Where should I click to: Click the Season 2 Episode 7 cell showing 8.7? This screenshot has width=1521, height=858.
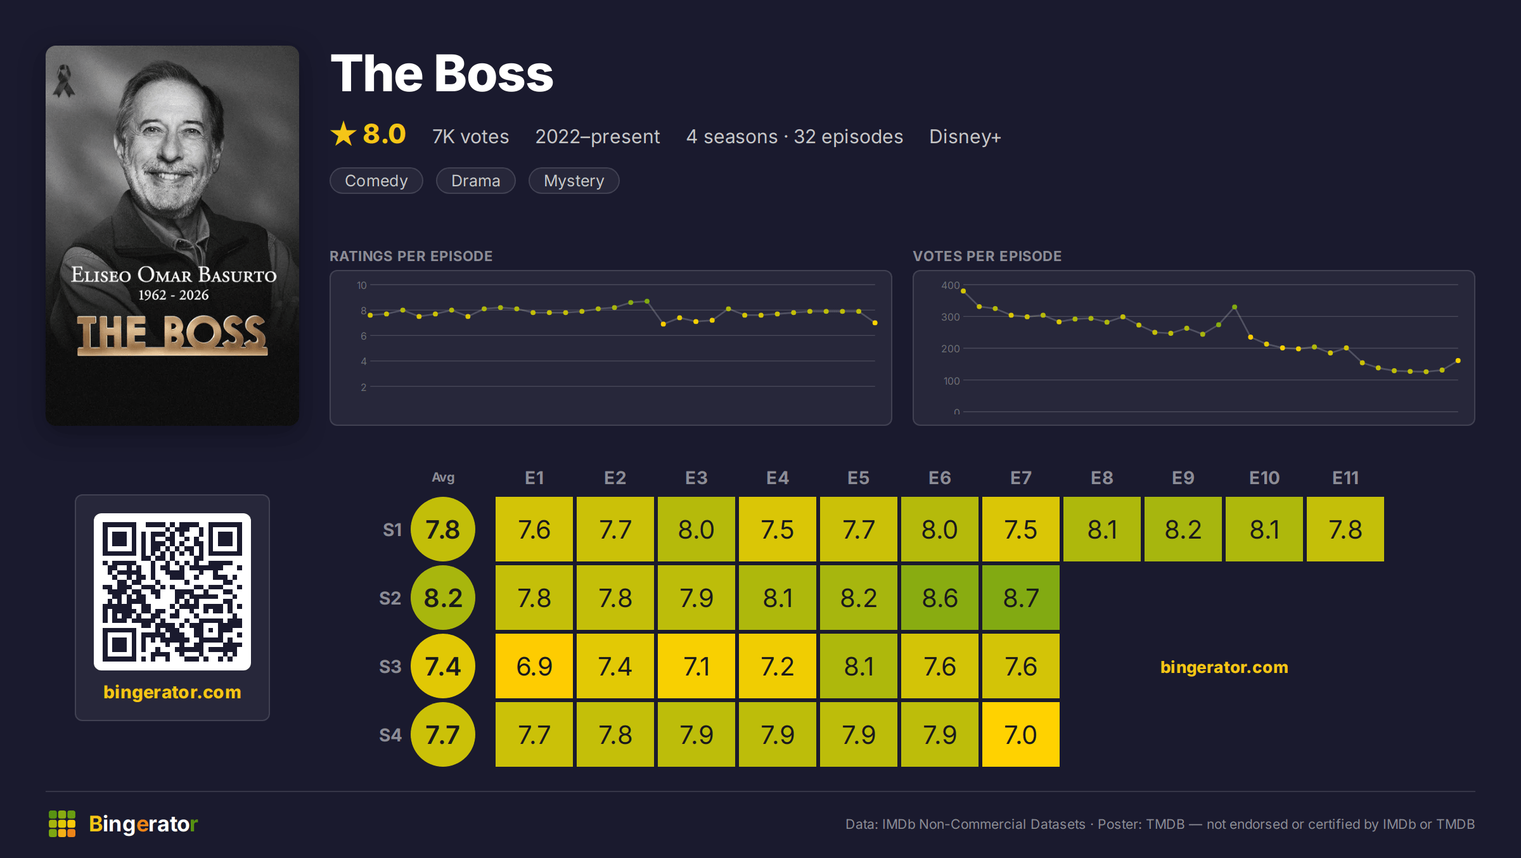[1020, 598]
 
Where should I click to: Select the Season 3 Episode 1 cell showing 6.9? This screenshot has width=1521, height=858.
[534, 666]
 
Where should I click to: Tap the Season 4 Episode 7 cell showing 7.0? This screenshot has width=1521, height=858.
[1020, 734]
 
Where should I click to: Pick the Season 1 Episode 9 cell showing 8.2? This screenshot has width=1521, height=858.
[1183, 529]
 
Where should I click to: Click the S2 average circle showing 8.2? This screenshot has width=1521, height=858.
[443, 598]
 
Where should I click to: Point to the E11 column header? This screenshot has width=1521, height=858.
[1345, 478]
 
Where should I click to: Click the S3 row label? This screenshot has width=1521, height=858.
[390, 667]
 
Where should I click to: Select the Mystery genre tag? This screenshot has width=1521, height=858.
[574, 181]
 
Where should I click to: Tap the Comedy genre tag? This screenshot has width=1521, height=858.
[376, 181]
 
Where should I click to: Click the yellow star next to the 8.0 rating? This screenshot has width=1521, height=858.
[343, 134]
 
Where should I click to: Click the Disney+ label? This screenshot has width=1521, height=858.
[965, 137]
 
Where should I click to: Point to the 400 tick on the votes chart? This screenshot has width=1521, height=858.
[950, 285]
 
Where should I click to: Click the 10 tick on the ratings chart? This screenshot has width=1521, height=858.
[361, 285]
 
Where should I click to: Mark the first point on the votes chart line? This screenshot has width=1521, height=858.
[963, 291]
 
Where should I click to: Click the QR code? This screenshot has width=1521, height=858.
[172, 592]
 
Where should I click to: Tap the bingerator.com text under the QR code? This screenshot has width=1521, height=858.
[172, 692]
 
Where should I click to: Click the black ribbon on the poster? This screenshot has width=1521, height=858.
[63, 82]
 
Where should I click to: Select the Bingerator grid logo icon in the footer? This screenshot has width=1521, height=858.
[62, 824]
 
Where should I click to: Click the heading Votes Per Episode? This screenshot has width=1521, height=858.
[987, 256]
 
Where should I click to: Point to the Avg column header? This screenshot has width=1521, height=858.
[443, 477]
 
